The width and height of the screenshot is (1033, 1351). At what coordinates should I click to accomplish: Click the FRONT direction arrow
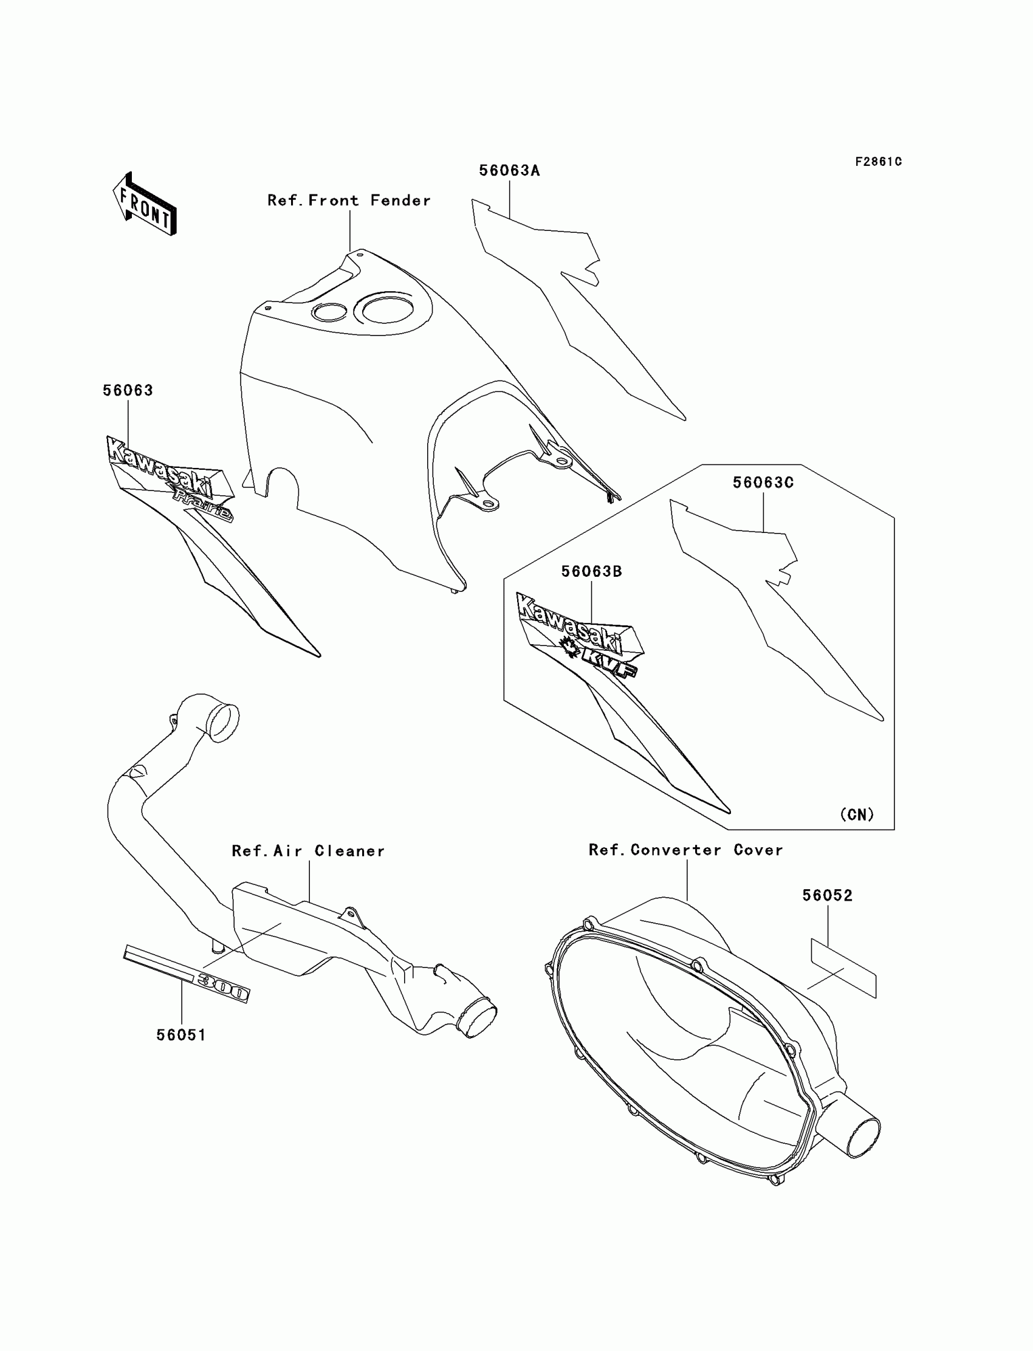pyautogui.click(x=145, y=205)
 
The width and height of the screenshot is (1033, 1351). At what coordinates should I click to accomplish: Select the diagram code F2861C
pyautogui.click(x=878, y=162)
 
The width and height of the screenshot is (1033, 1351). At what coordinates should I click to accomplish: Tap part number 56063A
pyautogui.click(x=509, y=171)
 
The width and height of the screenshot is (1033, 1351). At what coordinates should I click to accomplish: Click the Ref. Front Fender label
pyautogui.click(x=349, y=201)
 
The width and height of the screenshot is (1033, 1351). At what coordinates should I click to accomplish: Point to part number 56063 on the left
pyautogui.click(x=128, y=391)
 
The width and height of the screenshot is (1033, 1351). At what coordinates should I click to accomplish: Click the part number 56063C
pyautogui.click(x=763, y=483)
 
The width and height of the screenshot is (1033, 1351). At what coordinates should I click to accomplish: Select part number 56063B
pyautogui.click(x=591, y=571)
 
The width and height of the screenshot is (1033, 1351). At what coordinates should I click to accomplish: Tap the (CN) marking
pyautogui.click(x=857, y=815)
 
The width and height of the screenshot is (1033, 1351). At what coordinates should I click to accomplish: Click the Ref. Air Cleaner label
pyautogui.click(x=308, y=851)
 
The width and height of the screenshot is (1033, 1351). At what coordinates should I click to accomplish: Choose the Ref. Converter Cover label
pyautogui.click(x=685, y=850)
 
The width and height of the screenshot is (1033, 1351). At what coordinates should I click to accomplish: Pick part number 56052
pyautogui.click(x=827, y=896)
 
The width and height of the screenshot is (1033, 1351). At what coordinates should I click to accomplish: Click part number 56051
pyautogui.click(x=182, y=1035)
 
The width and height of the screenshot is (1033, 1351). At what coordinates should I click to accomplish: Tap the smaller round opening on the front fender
pyautogui.click(x=329, y=312)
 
